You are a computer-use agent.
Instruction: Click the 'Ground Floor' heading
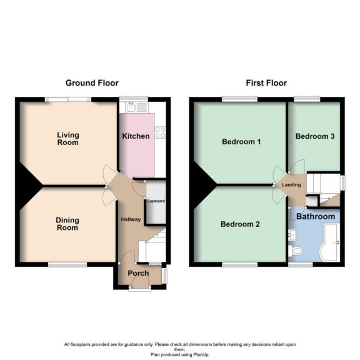click(92, 82)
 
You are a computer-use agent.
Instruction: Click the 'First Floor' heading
click(266, 82)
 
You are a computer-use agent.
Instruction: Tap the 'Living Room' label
click(67, 138)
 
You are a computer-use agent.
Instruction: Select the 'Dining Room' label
click(67, 223)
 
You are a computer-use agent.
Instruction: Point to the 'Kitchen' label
click(136, 136)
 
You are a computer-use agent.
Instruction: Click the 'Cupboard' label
click(155, 201)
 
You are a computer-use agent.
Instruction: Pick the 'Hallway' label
click(131, 219)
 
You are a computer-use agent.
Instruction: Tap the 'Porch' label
click(138, 273)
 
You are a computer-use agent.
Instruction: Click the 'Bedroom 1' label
click(241, 142)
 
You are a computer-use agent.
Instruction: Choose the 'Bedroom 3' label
click(314, 136)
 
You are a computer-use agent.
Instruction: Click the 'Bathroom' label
click(316, 217)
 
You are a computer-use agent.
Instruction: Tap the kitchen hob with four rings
click(159, 132)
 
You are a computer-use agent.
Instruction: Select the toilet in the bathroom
click(297, 250)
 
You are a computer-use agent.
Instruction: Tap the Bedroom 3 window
click(306, 98)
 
